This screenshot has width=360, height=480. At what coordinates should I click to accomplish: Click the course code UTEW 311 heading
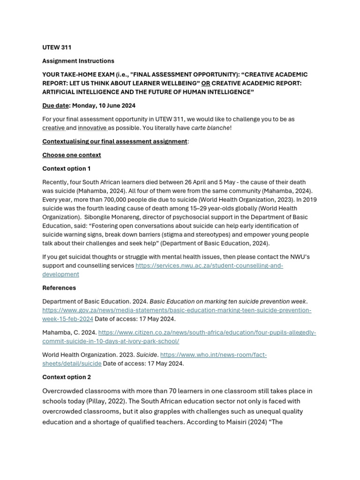click(x=57, y=47)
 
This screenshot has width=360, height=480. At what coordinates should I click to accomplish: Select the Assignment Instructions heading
click(x=78, y=61)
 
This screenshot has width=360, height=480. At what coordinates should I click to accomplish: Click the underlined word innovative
click(x=92, y=128)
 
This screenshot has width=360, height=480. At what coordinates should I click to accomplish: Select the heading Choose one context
click(x=71, y=155)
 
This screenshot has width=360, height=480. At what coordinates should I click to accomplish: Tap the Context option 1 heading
click(x=67, y=168)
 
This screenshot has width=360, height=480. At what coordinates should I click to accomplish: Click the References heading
click(x=59, y=288)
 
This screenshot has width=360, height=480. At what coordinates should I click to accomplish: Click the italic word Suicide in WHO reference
click(x=147, y=355)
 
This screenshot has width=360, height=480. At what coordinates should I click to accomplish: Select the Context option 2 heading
click(x=67, y=377)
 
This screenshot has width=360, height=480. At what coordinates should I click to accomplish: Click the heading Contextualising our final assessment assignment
click(x=114, y=141)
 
